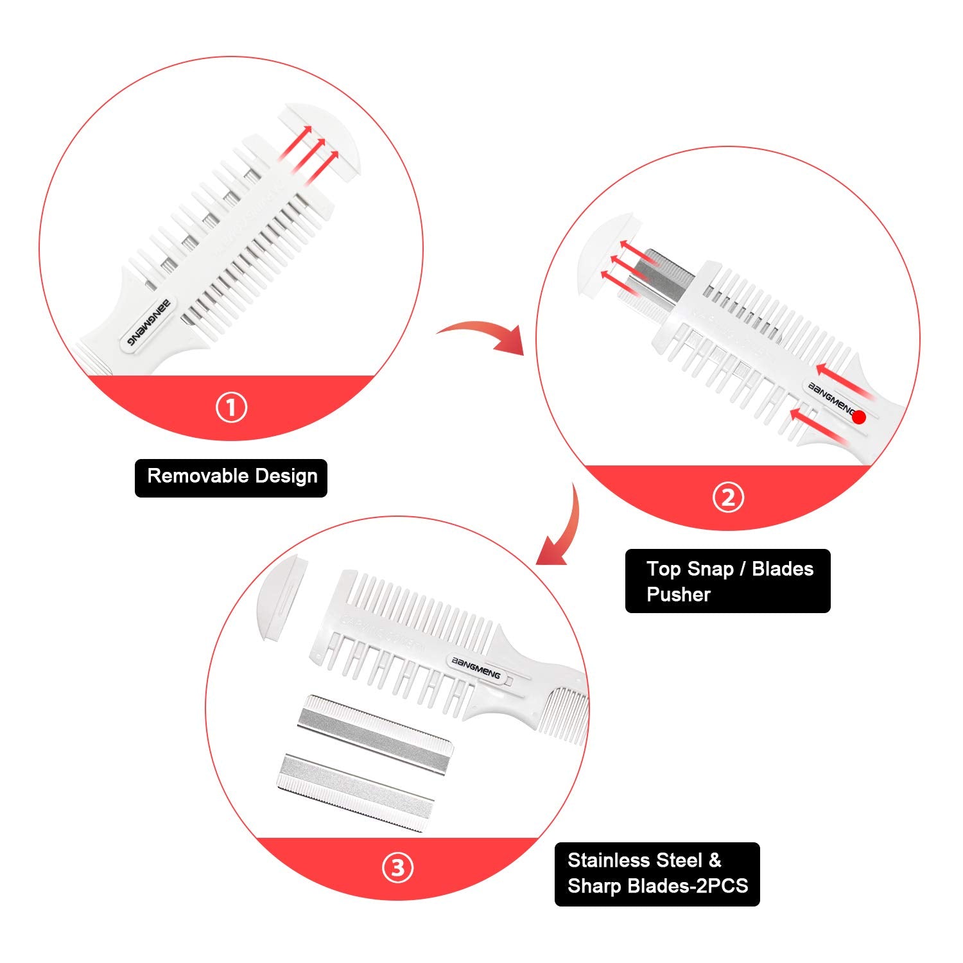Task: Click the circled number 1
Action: click(x=231, y=408)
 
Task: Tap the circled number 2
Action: click(x=728, y=498)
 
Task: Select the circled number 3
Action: click(x=398, y=868)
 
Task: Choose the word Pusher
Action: click(x=678, y=594)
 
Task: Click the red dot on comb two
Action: click(x=859, y=417)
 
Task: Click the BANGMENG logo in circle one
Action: click(x=148, y=320)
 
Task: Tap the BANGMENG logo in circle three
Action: click(x=476, y=668)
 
